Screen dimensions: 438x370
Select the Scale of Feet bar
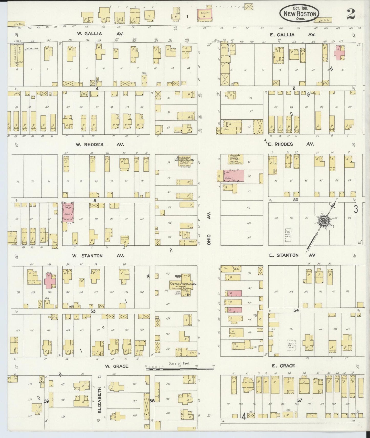[179, 369]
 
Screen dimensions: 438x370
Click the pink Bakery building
[68, 212]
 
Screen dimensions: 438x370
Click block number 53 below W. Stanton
[93, 311]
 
